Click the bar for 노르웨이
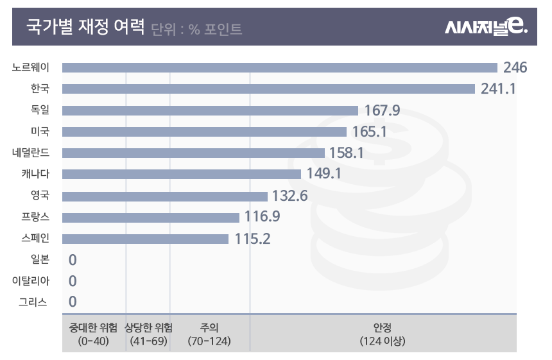point(279,67)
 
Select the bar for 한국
point(268,89)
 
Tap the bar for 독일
point(210,110)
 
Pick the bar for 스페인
point(145,239)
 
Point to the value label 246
point(515,67)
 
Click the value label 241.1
point(498,89)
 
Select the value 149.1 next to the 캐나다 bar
point(324,174)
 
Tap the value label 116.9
point(262,217)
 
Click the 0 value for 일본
point(73,260)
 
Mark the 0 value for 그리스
point(73,302)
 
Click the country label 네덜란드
point(31,153)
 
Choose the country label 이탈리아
point(31,280)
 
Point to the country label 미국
point(40,132)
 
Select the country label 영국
point(40,195)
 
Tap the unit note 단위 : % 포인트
point(197,29)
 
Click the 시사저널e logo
point(486,27)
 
